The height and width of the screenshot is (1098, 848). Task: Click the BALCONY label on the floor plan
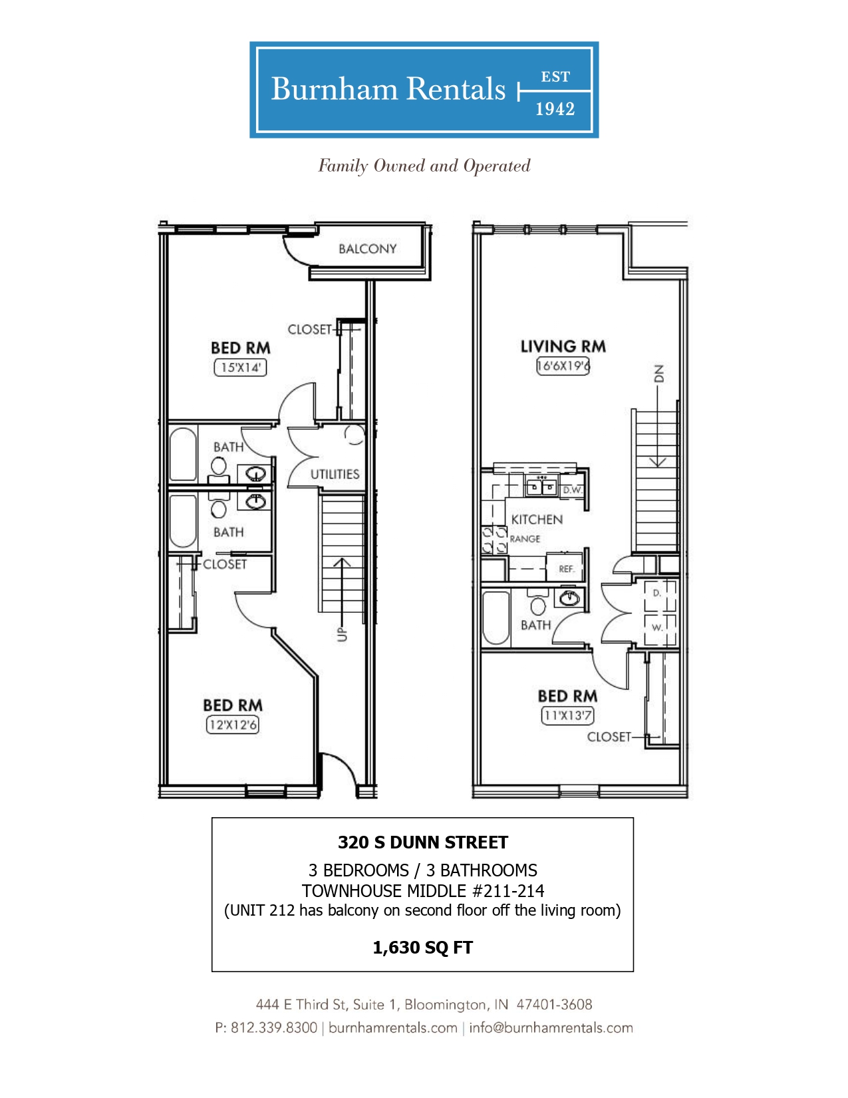367,249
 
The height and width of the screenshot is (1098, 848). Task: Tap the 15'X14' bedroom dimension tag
240,367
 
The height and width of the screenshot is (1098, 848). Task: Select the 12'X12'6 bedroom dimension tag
232,725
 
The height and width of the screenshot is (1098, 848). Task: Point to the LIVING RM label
563,347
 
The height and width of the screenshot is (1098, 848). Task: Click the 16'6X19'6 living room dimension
563,366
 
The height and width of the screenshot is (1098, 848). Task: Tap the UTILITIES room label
335,474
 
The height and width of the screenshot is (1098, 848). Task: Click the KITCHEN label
537,520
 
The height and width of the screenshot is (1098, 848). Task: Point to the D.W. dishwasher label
573,490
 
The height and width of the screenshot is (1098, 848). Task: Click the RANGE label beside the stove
525,538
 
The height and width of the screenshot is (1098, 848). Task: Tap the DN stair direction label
658,373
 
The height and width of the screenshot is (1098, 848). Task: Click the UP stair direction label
343,634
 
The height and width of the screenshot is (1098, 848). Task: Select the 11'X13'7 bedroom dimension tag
567,715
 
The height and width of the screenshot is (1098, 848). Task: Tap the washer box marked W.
660,630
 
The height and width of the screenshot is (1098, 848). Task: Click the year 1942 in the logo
555,109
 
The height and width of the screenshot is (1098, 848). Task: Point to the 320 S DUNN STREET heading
423,842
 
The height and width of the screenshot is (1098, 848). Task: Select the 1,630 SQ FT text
423,948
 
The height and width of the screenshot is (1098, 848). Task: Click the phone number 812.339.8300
274,1027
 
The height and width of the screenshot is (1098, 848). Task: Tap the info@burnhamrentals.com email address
551,1027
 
